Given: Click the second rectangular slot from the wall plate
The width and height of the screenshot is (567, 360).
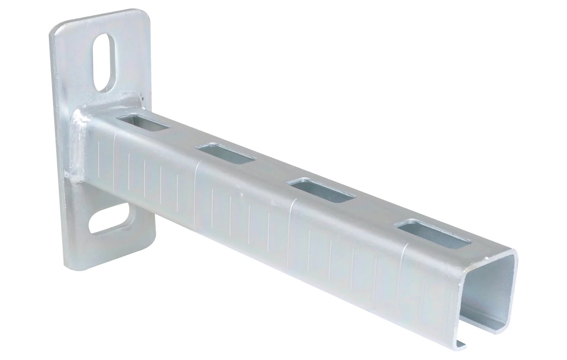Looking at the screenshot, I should (225, 154).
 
